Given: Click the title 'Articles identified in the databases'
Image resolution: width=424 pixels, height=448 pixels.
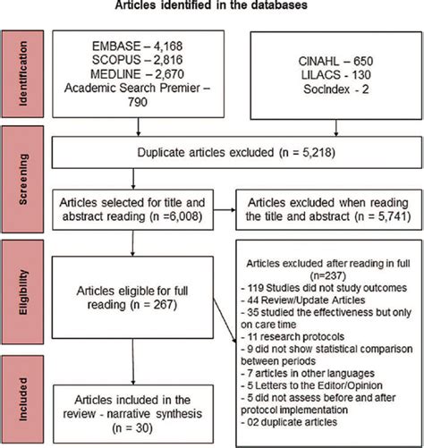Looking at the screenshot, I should click(x=211, y=8).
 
